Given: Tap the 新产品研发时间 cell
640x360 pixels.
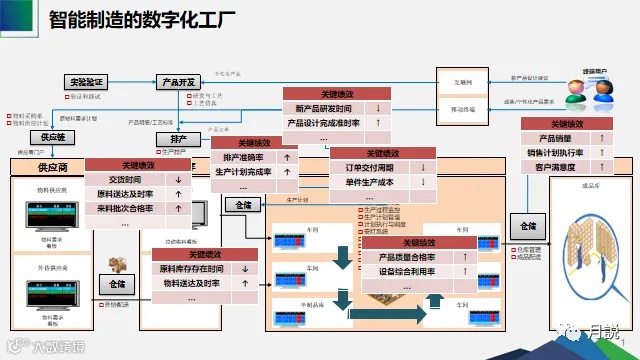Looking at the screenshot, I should (323, 108).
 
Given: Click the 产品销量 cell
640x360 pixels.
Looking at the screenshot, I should (554, 138).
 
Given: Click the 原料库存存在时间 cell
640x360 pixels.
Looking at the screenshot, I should (190, 269).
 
